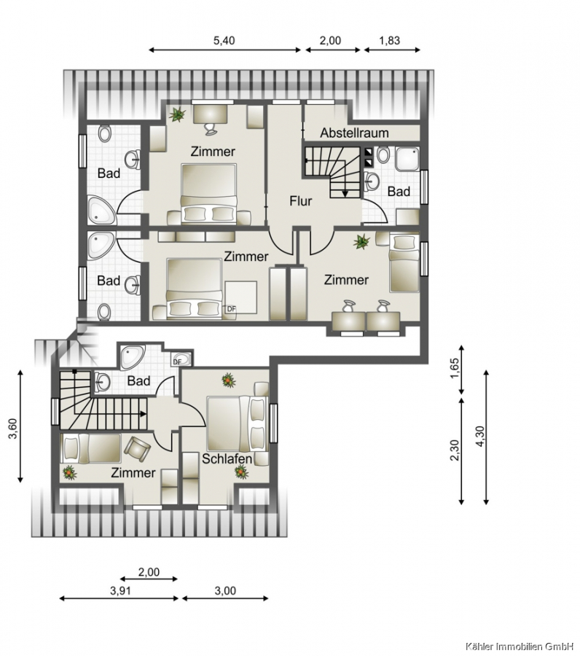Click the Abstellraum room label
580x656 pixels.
coord(354,133)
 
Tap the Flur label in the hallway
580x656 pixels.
coord(301,201)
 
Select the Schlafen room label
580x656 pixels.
coord(227,458)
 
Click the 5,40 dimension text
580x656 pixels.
coord(224,41)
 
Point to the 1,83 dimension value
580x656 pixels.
coord(389,41)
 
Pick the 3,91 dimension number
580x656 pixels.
coord(120,590)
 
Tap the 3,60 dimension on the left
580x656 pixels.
coord(13,429)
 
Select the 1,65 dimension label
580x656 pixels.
coord(455,368)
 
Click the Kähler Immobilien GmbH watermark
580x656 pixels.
coord(520,647)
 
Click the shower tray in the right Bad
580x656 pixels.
coord(407,159)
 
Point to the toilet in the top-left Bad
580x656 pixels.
coord(104,134)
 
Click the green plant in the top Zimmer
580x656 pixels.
coord(177,114)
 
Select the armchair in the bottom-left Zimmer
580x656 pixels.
coord(137,449)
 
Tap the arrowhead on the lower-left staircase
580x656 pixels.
coord(144,414)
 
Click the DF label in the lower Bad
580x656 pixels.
coord(177,362)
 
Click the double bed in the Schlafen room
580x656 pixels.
coord(237,423)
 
